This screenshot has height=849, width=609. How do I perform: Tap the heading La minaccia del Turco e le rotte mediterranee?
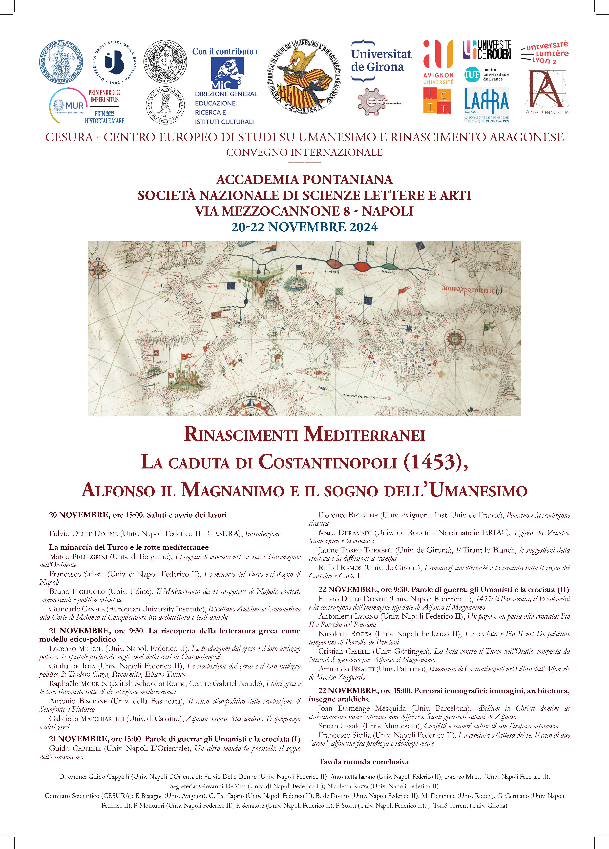point(129,547)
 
